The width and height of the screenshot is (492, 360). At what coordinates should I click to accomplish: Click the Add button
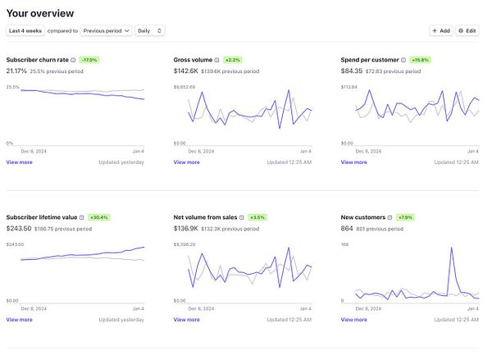pos(441,30)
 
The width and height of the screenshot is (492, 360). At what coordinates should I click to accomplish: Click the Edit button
pos(467,30)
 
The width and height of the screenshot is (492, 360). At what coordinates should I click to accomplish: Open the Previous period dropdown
pos(107,30)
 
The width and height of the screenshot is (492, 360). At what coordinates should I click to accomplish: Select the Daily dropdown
pos(150,30)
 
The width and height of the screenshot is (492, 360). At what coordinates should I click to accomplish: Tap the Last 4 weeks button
pos(25,30)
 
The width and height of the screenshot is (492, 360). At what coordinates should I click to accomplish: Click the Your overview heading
pos(39,12)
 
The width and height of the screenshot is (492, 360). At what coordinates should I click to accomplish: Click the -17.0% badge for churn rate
pos(89,60)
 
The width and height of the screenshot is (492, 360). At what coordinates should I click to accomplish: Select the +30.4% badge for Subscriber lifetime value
pos(98,217)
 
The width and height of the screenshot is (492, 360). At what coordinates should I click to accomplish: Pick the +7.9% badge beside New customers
pos(406,217)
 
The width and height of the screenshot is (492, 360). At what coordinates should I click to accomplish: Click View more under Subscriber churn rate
pos(19,162)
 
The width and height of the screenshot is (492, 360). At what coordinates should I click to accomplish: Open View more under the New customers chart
pos(353,320)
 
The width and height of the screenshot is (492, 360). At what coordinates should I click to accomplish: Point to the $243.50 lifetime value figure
pos(18,228)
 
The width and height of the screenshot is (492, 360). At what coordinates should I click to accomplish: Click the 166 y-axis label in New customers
pos(345,244)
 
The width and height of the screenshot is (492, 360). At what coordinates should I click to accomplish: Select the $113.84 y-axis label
pos(349,87)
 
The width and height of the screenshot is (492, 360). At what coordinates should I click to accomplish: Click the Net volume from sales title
pos(205,217)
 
